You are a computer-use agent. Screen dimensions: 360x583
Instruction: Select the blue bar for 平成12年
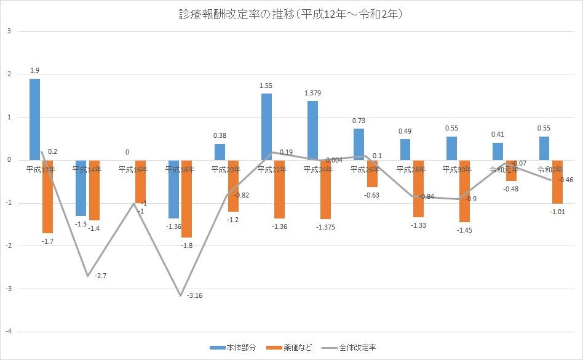click(x=35, y=119)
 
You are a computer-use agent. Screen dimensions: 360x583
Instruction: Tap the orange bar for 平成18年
click(x=186, y=198)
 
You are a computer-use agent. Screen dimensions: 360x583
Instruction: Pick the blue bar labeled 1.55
click(x=266, y=126)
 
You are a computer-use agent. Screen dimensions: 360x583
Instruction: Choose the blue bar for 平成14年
click(x=81, y=188)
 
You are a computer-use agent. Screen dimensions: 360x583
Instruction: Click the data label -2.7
click(x=101, y=276)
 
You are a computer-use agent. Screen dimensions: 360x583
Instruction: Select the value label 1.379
click(x=312, y=93)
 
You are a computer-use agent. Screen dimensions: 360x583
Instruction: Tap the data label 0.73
click(x=359, y=121)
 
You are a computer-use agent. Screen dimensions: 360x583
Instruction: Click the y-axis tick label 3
click(x=8, y=31)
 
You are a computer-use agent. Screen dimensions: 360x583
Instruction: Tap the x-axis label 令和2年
click(x=550, y=169)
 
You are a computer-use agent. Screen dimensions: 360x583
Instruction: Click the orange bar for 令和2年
click(x=557, y=182)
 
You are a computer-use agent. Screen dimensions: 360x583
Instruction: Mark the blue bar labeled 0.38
click(x=220, y=152)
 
